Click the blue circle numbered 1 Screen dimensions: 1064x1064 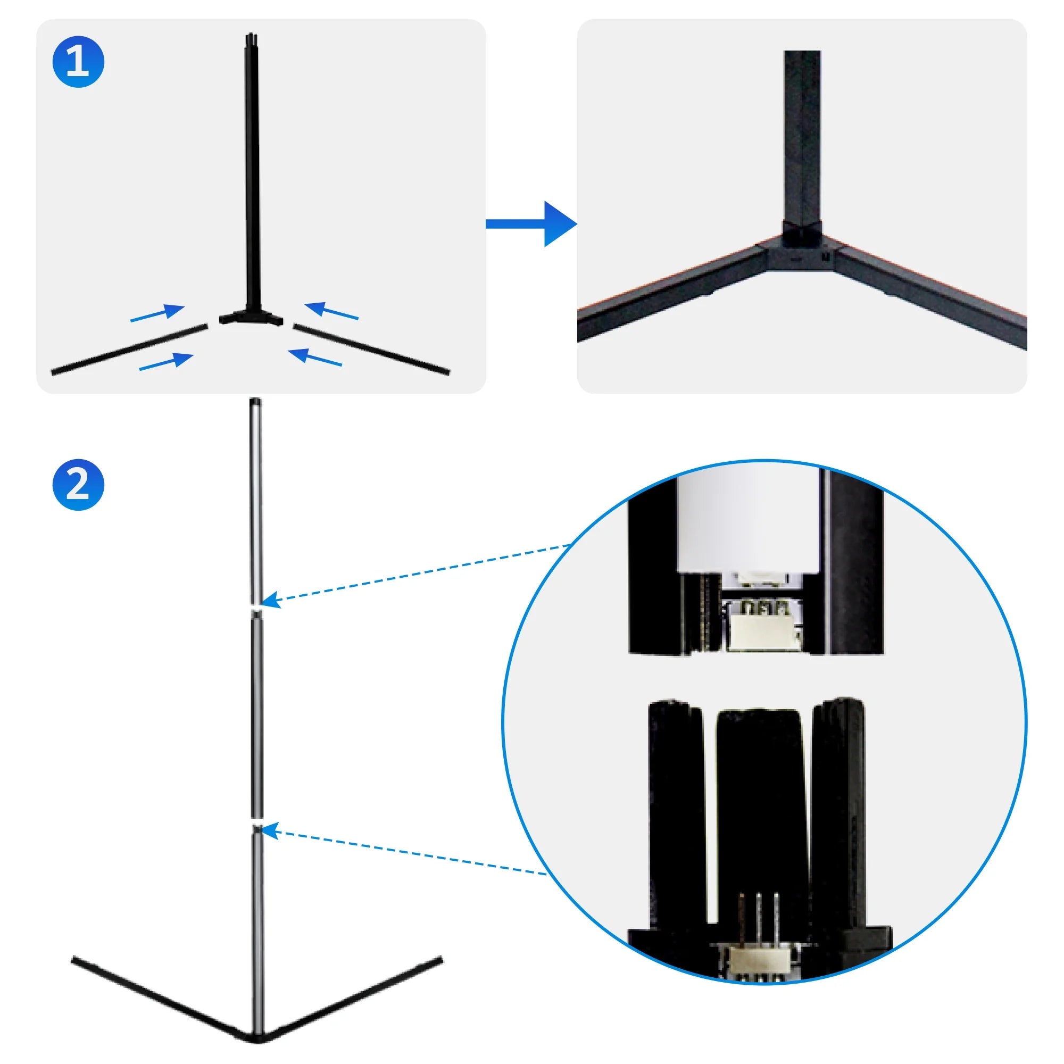tap(78, 62)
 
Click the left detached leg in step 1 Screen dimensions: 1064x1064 tap(129, 350)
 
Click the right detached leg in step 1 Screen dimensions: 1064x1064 tap(372, 348)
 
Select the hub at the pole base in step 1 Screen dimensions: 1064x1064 tap(251, 317)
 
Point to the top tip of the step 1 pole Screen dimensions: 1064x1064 tap(251, 37)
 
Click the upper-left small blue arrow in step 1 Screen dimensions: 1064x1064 tap(157, 313)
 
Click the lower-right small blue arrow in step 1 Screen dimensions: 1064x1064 tap(315, 357)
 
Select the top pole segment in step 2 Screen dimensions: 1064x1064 tap(255, 501)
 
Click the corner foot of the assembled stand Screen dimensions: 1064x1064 tap(256, 1036)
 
